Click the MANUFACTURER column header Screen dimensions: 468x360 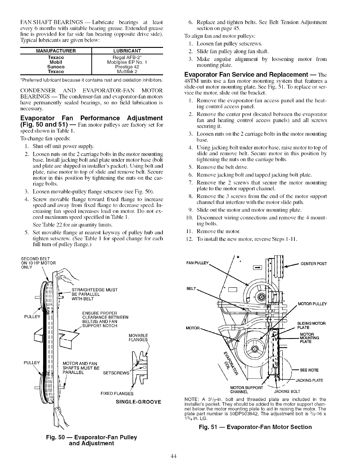click(x=56, y=51)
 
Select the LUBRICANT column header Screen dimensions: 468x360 click(x=127, y=51)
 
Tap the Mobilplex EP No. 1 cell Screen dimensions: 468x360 click(x=127, y=62)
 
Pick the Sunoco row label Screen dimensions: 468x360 click(x=56, y=67)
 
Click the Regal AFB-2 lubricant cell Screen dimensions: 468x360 click(x=127, y=57)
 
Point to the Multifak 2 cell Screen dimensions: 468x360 click(x=127, y=72)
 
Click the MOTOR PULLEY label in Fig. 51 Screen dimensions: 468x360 click(x=312, y=304)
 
